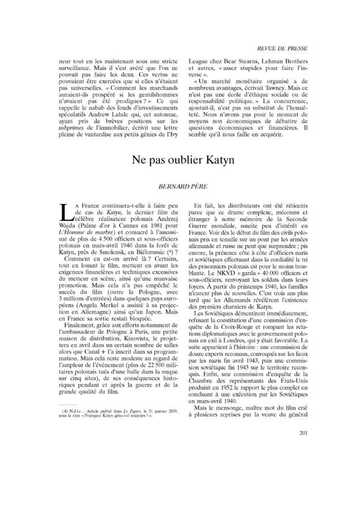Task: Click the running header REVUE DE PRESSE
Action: pyautogui.click(x=282, y=48)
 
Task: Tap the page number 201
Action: pyautogui.click(x=303, y=432)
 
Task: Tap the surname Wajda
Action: pyautogui.click(x=69, y=225)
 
